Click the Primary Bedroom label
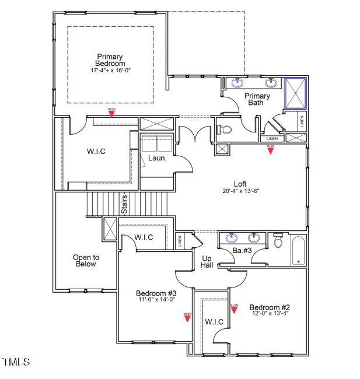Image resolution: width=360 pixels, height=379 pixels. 110,60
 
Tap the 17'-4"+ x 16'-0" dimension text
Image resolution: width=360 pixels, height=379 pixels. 110,70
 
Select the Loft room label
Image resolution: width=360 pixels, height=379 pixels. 240,184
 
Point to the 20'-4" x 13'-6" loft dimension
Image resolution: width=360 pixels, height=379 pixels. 240,191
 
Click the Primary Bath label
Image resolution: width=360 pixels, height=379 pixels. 257,99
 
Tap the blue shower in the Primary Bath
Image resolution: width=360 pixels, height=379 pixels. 295,93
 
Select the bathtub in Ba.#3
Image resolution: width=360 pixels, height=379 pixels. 298,251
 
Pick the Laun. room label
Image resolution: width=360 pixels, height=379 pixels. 158,158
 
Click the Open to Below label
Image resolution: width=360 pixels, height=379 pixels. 86,261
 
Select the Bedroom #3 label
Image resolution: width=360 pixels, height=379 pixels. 156,293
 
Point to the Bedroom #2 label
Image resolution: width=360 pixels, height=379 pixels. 270,307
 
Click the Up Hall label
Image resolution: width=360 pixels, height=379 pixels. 207,261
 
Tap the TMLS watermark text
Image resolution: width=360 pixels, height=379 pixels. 16,362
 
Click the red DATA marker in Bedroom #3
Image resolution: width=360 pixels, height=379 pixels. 188,317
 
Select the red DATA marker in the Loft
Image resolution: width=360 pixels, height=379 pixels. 270,149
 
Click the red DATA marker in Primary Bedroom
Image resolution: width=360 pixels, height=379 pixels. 111,111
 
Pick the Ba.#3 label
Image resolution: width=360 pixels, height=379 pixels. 242,251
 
